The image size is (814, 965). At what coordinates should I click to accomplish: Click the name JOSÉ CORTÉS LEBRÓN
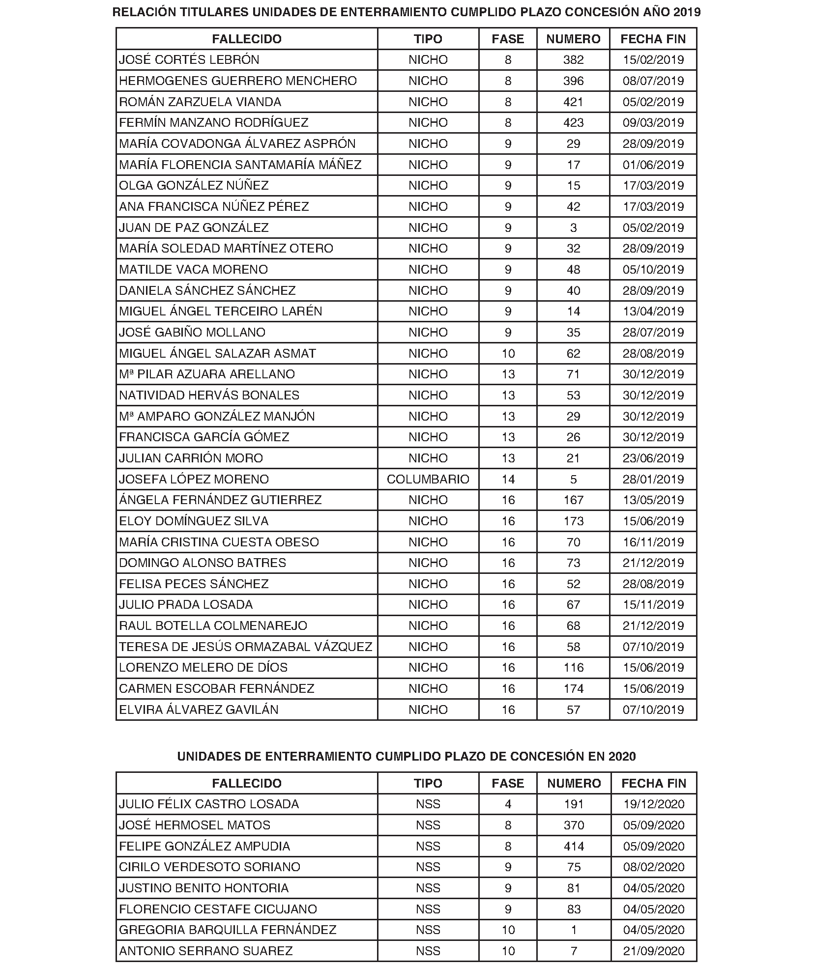click(x=189, y=60)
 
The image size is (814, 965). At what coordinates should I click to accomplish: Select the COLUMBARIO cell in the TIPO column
click(x=428, y=479)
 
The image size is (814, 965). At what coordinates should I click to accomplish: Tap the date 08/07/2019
click(x=653, y=81)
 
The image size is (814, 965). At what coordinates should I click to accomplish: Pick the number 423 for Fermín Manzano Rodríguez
click(x=573, y=123)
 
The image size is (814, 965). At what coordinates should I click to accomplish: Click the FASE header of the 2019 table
click(x=508, y=39)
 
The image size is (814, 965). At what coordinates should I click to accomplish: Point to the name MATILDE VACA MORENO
click(x=194, y=269)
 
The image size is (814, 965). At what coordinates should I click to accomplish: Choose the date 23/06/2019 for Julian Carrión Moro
click(x=653, y=458)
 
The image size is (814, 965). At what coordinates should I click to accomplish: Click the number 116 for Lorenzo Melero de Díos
click(x=573, y=667)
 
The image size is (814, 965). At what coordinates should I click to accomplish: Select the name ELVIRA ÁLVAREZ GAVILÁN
click(x=199, y=710)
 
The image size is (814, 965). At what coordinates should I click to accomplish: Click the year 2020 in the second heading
click(x=622, y=757)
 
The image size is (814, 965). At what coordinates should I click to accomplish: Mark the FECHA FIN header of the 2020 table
click(x=654, y=783)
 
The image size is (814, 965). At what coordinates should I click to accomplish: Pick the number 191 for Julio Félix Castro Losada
click(x=574, y=804)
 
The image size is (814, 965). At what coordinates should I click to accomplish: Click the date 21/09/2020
click(x=654, y=951)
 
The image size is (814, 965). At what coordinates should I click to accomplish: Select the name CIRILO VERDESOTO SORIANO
click(x=209, y=867)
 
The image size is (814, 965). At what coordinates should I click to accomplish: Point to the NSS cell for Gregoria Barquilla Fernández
click(x=428, y=930)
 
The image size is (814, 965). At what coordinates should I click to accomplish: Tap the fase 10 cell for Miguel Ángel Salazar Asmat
click(x=508, y=353)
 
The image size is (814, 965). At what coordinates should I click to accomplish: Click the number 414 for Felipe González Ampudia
click(x=574, y=846)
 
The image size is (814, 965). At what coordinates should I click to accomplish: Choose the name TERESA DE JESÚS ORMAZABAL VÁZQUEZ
click(x=246, y=647)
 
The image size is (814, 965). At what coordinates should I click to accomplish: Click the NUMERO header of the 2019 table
click(x=573, y=39)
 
